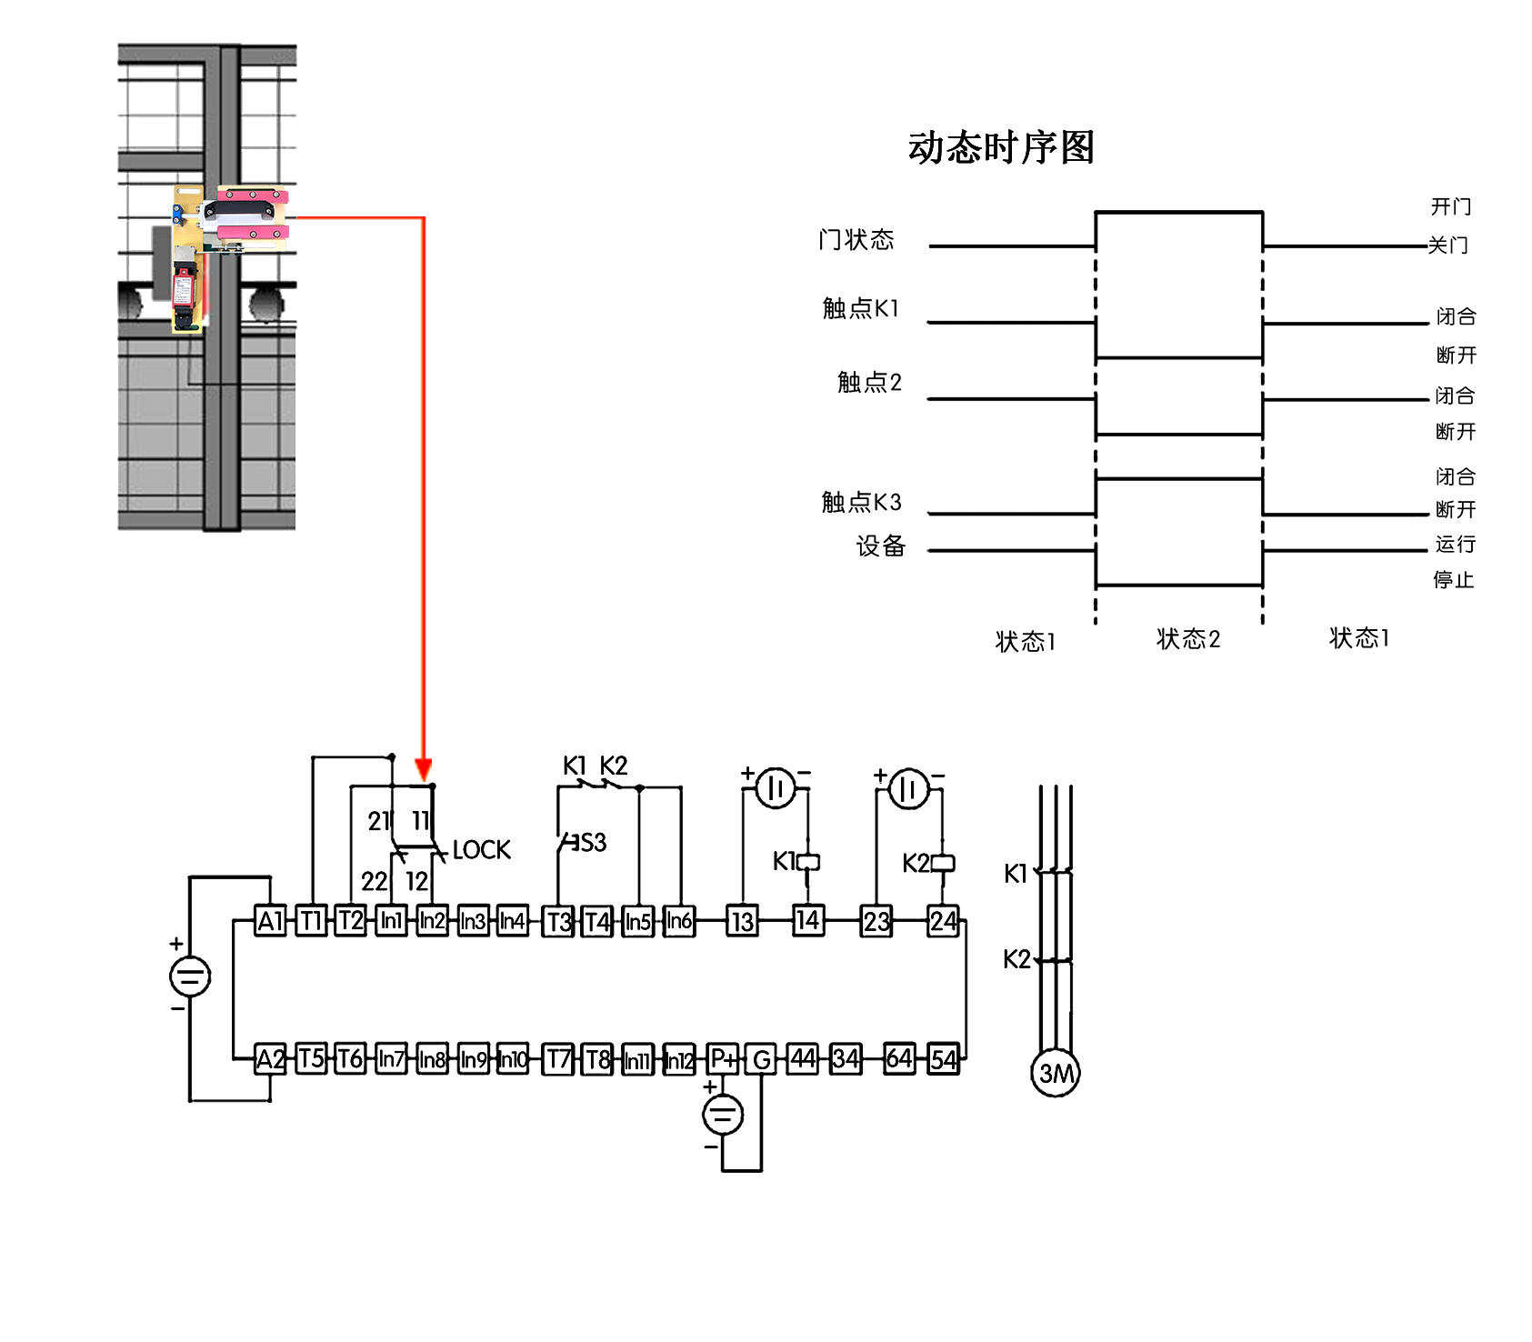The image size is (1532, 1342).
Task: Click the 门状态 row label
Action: pos(856,240)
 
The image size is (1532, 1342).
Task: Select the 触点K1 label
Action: pos(860,309)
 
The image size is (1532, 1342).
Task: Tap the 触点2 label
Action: pos(869,382)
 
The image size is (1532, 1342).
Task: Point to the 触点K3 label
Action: pos(860,502)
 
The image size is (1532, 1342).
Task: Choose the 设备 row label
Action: pos(880,546)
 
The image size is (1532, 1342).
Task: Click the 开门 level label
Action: pos(1451,206)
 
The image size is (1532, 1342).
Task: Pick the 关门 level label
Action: pos(1447,245)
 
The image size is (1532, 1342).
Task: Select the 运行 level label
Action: pos(1455,544)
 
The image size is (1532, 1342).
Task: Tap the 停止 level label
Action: pos(1453,580)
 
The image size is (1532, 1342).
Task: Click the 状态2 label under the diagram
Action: pos(1187,639)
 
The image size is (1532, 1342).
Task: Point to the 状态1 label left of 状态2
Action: pos(1025,642)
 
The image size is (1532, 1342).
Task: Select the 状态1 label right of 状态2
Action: pos(1358,638)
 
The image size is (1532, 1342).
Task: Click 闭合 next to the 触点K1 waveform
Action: pos(1456,316)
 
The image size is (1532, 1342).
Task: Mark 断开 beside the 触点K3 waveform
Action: pos(1455,509)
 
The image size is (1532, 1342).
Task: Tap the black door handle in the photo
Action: pos(239,211)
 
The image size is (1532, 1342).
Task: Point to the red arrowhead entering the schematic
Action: pos(423,768)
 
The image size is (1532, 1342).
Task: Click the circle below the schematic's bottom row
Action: pos(724,1114)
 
